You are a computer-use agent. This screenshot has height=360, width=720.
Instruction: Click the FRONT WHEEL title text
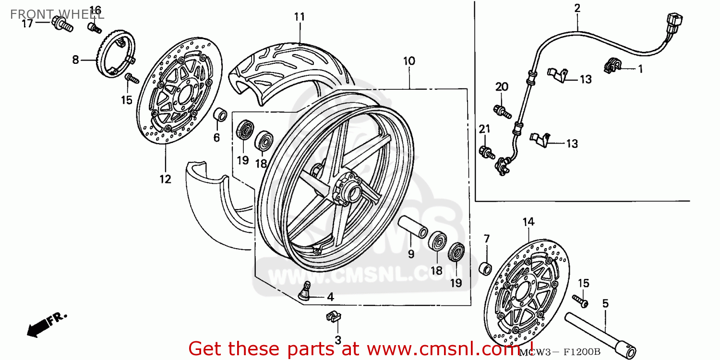[x=57, y=13]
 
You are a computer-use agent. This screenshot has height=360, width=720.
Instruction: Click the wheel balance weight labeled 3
[x=333, y=316]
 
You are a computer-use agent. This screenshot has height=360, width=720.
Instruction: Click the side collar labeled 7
[x=486, y=268]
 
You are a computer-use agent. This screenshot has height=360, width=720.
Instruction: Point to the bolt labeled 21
[x=486, y=152]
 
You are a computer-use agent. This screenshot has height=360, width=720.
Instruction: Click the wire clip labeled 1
[x=611, y=66]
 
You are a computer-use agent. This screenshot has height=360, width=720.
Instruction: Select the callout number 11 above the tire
[x=300, y=17]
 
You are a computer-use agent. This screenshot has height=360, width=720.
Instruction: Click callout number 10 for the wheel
[x=409, y=61]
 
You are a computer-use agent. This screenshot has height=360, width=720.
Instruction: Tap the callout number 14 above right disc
[x=528, y=222]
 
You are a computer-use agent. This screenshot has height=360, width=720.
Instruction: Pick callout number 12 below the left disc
[x=165, y=180]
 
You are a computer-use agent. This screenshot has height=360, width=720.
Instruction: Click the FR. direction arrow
[x=46, y=324]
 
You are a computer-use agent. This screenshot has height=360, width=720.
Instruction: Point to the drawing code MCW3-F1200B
[x=560, y=352]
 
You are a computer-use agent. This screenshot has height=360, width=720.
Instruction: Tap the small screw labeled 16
[x=95, y=27]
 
